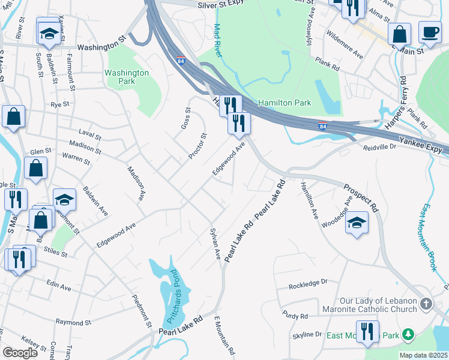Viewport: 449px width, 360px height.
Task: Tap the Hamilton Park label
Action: tap(285, 103)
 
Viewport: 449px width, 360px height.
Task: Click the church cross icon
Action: tap(426, 304)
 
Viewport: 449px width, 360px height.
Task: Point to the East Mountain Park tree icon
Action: tap(408, 334)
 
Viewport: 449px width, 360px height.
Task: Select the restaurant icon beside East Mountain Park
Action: tap(367, 331)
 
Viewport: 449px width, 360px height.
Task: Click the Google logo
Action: tap(20, 352)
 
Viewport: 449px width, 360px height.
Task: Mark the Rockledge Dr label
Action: tap(307, 281)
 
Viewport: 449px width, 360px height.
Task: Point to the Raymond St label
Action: tap(73, 322)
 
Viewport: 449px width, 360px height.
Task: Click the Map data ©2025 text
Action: tap(422, 354)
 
